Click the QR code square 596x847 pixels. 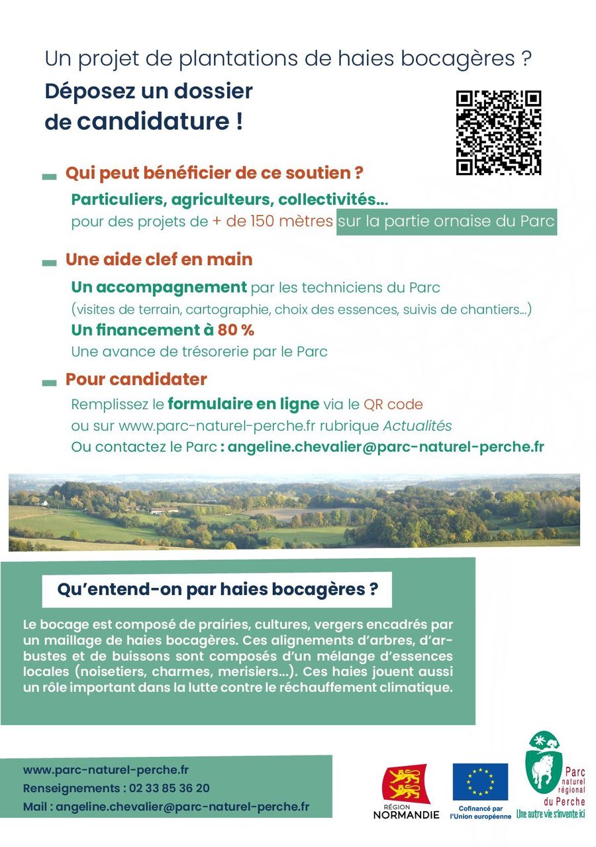[499, 133]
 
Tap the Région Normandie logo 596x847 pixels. [405, 791]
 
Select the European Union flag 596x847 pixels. [480, 782]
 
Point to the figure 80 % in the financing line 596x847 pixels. [236, 330]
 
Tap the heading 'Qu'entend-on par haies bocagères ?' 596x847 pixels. [217, 590]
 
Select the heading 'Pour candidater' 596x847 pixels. [136, 380]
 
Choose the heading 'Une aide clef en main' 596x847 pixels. [158, 259]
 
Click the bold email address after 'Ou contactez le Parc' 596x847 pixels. [385, 447]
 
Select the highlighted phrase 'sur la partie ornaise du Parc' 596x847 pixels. [446, 222]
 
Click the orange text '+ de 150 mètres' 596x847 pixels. [272, 222]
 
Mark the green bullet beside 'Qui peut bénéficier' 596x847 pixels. [49, 176]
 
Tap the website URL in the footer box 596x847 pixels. [106, 770]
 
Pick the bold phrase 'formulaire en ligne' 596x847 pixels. [243, 404]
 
